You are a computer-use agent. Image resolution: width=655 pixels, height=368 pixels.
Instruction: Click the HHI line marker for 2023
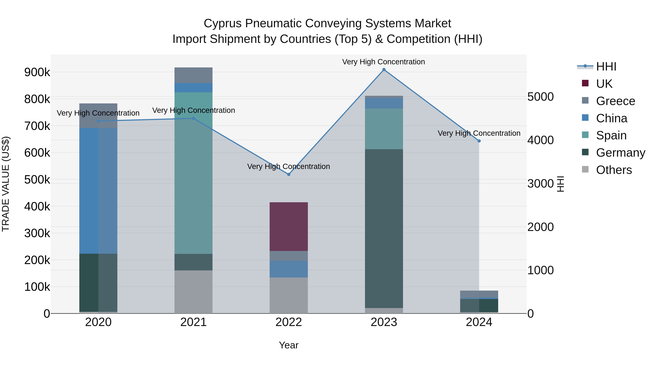[384, 70]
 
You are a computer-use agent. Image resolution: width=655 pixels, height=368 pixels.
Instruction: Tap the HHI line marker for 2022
[289, 174]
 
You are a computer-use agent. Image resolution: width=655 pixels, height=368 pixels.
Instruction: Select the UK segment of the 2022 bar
[289, 227]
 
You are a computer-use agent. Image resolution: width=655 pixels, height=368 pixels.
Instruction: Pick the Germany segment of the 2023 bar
[384, 229]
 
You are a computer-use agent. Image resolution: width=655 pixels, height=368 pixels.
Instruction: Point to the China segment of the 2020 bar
[98, 190]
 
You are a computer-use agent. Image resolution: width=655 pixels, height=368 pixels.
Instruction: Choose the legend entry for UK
[604, 84]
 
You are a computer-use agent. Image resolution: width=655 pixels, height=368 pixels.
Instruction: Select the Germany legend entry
[620, 153]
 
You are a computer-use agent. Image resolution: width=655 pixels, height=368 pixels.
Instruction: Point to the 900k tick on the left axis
[37, 72]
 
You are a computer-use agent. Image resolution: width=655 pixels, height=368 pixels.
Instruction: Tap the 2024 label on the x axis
[479, 322]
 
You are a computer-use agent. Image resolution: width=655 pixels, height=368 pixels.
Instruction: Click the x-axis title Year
[289, 345]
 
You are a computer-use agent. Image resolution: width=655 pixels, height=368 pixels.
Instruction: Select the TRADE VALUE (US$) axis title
[6, 184]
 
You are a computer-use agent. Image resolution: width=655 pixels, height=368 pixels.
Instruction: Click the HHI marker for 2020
[98, 121]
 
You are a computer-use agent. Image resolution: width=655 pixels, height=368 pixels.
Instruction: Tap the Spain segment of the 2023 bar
[384, 129]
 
